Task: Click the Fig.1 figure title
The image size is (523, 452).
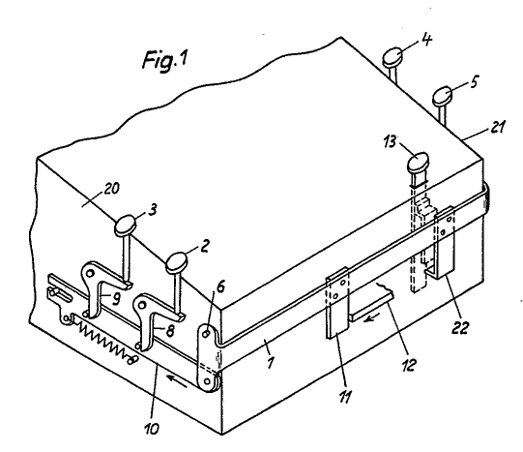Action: click(x=165, y=60)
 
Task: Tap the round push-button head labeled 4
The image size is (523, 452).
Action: click(x=392, y=57)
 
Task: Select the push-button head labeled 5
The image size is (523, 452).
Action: click(x=443, y=96)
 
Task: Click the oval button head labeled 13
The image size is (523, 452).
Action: click(x=418, y=163)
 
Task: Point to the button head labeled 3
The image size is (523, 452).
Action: click(x=126, y=226)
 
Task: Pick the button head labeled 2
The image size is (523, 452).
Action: click(x=177, y=262)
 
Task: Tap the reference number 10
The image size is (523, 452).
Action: click(x=152, y=428)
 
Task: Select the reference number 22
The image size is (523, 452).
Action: click(x=460, y=327)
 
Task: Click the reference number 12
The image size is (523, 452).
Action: click(x=409, y=365)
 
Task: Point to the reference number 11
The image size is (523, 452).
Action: click(x=345, y=397)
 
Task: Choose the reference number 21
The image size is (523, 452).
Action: click(x=497, y=127)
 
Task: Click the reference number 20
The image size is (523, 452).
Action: click(x=111, y=189)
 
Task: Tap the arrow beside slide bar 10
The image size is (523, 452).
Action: click(x=177, y=381)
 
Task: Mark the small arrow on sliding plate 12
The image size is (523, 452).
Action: click(x=371, y=318)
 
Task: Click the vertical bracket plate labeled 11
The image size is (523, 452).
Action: click(x=337, y=303)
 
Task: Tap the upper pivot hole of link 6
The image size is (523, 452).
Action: click(x=207, y=333)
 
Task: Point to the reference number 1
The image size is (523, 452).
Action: click(x=271, y=362)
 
